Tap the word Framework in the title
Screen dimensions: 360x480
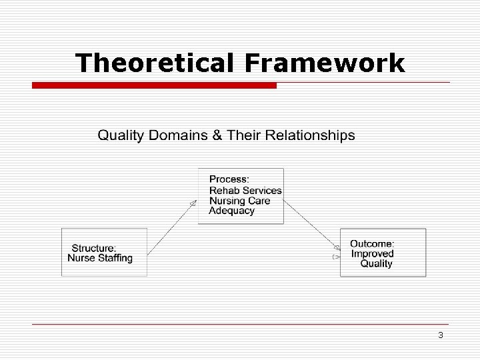click(x=325, y=63)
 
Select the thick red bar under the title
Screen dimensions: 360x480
click(x=154, y=85)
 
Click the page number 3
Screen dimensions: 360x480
click(x=441, y=335)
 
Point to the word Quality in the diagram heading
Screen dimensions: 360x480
click(x=121, y=136)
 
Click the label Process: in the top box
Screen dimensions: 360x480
click(x=229, y=179)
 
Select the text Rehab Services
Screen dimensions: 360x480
click(x=245, y=190)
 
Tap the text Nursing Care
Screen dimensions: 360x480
click(x=240, y=201)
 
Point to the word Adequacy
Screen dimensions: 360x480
click(x=232, y=211)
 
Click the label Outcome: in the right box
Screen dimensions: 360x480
click(x=373, y=243)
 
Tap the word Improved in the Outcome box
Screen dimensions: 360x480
click(x=373, y=253)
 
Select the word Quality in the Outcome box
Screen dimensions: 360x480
click(x=377, y=263)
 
